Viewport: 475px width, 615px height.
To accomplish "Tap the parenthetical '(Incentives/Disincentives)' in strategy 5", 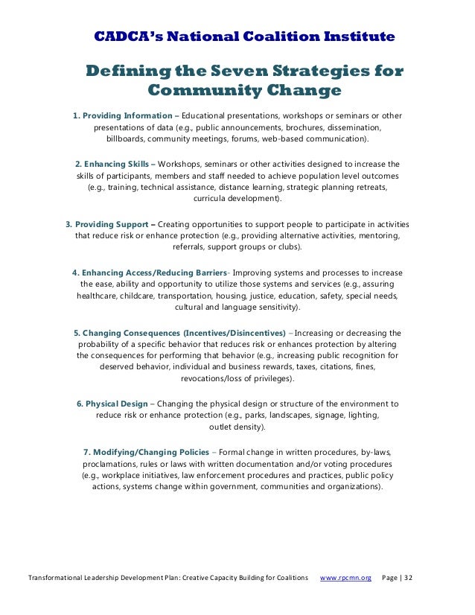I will coord(233,332).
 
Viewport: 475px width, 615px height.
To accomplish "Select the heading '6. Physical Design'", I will coord(112,404).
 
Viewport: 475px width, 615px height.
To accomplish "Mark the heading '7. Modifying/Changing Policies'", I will coord(147,452).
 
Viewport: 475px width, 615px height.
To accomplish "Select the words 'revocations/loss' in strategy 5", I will coord(215,379).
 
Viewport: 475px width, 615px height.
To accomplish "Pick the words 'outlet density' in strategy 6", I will coord(237,427).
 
